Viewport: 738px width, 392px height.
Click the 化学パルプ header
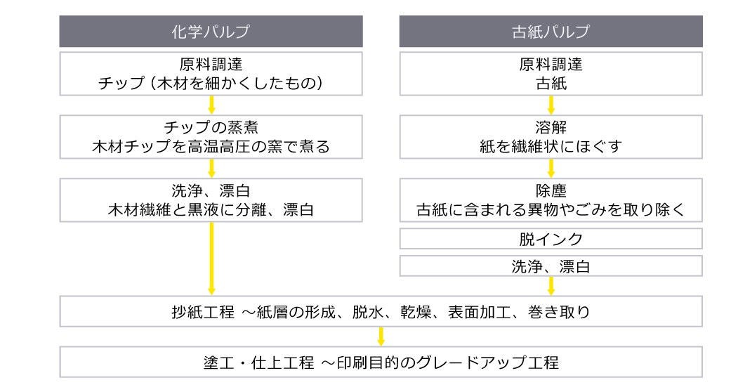pos(211,32)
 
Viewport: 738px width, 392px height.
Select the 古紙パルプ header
pos(551,32)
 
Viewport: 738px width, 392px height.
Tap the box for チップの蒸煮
pos(211,138)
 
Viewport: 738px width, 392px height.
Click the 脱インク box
pos(551,240)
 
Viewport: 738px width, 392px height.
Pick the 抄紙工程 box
pos(381,311)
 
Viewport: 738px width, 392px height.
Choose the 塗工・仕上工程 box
pos(381,362)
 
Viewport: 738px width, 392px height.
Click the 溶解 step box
pos(551,138)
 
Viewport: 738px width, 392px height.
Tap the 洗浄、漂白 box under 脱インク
pos(551,266)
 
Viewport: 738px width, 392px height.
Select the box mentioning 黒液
pos(211,200)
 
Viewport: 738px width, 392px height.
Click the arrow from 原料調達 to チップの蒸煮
pos(211,105)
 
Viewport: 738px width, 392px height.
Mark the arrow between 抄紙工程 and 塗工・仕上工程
pos(381,337)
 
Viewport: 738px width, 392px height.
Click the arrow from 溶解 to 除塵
pos(551,168)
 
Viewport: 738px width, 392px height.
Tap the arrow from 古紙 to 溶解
pos(551,105)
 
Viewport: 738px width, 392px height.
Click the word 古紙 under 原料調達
pos(551,84)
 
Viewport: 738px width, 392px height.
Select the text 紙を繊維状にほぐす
pos(551,148)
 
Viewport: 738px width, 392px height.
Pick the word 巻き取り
pos(567,311)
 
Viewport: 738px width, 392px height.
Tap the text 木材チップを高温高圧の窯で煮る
pos(211,148)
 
